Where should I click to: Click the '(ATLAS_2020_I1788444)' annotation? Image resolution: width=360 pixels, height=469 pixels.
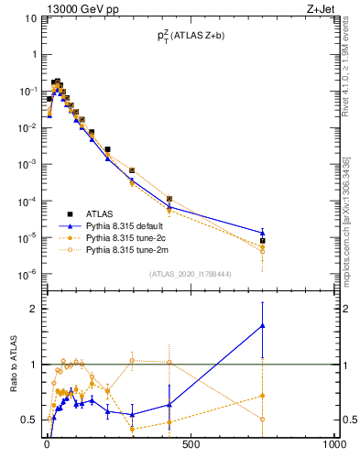click(190, 274)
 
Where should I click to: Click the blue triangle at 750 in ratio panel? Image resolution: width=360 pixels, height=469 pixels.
click(263, 325)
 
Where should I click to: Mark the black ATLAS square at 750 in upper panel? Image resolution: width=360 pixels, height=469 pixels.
click(263, 241)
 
